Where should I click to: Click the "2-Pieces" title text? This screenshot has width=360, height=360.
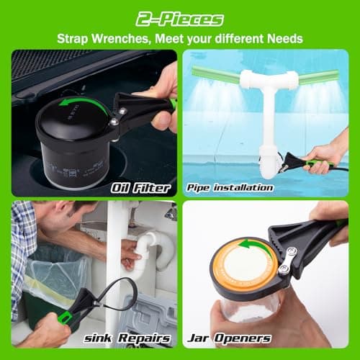tap(180, 18)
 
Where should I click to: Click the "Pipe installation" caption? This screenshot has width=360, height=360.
tap(230, 188)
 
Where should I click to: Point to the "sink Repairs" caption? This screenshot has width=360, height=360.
tap(136, 338)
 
